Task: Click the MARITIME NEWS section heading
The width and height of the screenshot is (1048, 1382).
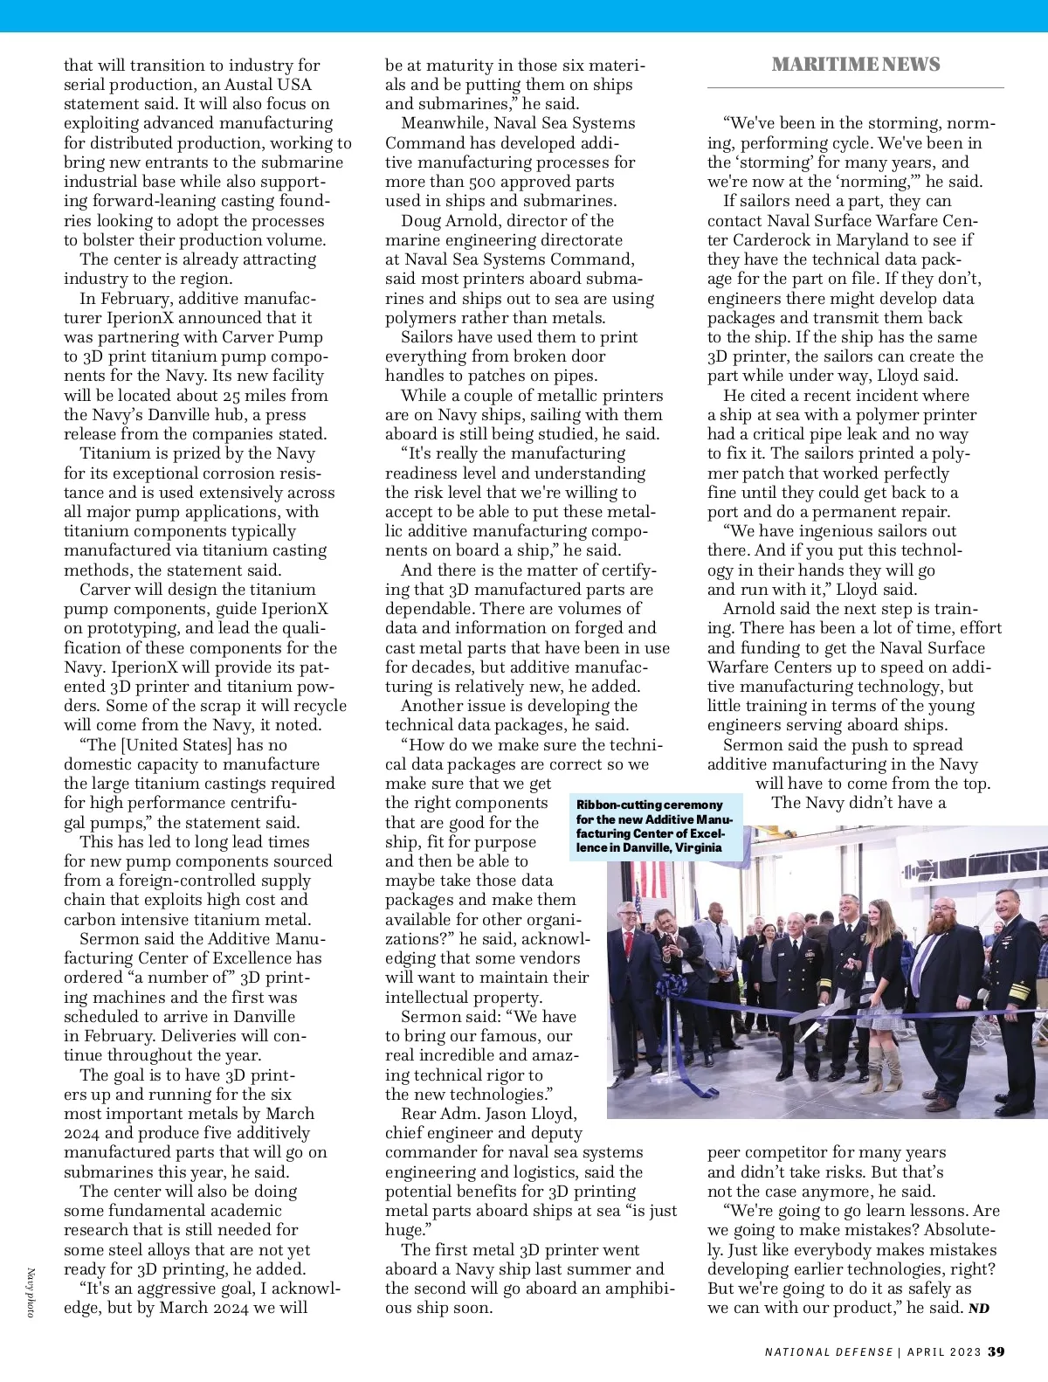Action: point(855,64)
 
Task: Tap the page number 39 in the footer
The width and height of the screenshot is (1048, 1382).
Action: point(996,1351)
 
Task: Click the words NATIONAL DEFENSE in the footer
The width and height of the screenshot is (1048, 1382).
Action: point(829,1351)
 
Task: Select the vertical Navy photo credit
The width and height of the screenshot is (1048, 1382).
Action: point(31,1293)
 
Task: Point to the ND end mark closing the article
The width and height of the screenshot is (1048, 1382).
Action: point(979,1308)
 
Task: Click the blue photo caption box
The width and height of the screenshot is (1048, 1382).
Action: point(655,826)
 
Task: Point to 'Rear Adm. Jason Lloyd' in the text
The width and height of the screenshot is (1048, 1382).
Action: point(489,1114)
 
